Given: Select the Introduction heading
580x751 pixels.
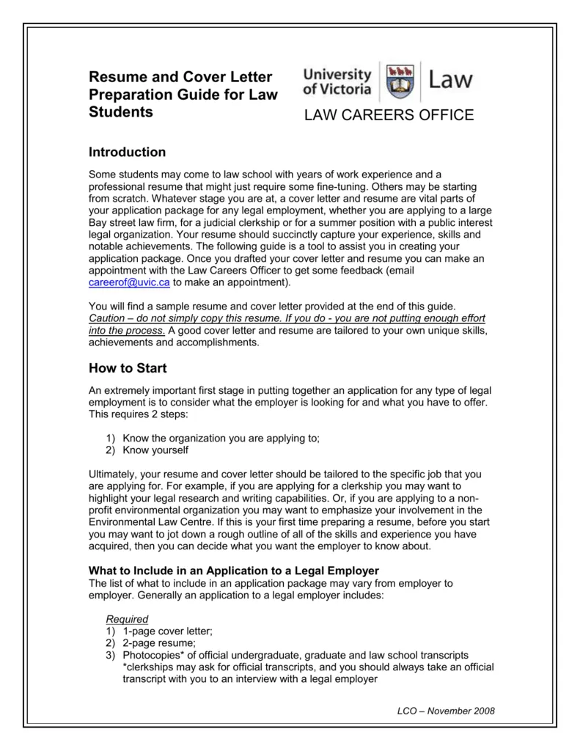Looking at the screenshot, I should tap(127, 153).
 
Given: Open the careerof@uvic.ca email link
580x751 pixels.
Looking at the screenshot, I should tap(129, 282).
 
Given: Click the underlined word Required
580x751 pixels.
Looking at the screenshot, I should tap(128, 619).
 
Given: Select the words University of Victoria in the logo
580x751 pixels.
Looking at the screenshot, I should tap(337, 81).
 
